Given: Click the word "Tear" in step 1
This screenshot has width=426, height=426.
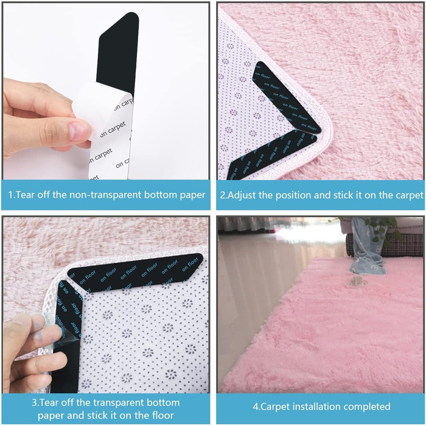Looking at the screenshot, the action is click(x=26, y=195).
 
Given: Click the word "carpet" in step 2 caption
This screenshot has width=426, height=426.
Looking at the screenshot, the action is click(x=409, y=195).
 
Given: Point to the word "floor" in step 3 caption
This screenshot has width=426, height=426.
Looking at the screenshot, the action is click(x=162, y=415).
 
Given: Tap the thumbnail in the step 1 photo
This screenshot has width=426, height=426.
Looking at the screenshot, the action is click(x=79, y=130).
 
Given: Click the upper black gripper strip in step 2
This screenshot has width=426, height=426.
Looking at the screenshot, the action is click(x=287, y=98).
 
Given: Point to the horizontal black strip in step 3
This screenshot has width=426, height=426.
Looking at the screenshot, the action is click(x=135, y=272).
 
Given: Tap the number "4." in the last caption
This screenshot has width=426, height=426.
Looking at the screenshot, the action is click(x=256, y=407).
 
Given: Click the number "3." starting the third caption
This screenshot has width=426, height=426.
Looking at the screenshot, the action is click(x=35, y=402).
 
